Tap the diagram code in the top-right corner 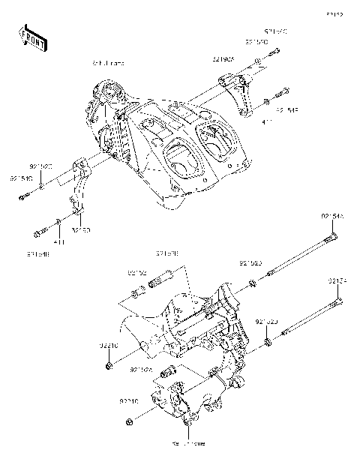click(334, 15)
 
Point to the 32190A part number click(223, 58)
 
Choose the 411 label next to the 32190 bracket click(59, 242)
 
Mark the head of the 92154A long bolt click(334, 239)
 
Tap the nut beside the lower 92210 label click(131, 420)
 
